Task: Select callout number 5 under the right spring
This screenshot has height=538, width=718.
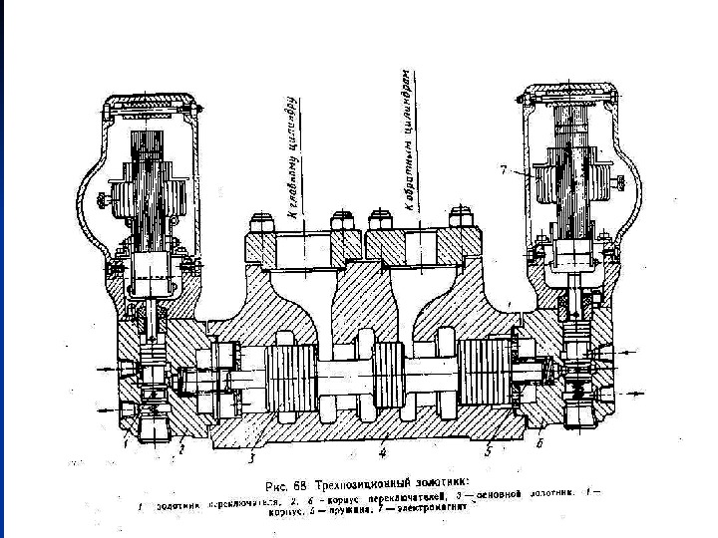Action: tap(489, 449)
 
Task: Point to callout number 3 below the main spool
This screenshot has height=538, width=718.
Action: tap(252, 458)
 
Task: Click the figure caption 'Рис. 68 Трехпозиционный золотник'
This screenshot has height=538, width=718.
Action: tap(369, 479)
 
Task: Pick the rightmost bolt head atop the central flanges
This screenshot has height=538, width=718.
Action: tap(461, 214)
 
